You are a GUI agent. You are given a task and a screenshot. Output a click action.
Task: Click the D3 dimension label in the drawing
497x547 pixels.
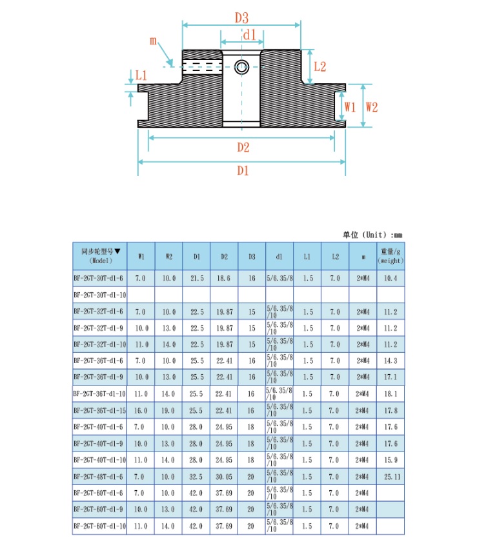(x=241, y=17)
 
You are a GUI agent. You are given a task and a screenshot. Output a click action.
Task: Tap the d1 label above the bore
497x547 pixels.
(x=250, y=35)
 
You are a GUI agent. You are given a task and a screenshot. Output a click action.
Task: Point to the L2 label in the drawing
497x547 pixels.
(x=319, y=66)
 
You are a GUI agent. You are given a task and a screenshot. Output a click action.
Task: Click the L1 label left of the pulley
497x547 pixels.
(x=141, y=75)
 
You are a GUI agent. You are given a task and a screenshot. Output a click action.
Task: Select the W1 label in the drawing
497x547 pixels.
(x=350, y=106)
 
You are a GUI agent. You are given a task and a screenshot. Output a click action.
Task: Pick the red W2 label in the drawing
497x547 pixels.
(x=372, y=106)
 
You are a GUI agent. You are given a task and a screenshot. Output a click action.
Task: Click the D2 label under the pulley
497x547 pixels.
(x=243, y=147)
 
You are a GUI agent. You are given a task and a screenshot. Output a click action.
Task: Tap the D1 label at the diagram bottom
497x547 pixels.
(x=243, y=170)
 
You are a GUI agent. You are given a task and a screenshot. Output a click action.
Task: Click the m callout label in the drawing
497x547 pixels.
(x=153, y=41)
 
